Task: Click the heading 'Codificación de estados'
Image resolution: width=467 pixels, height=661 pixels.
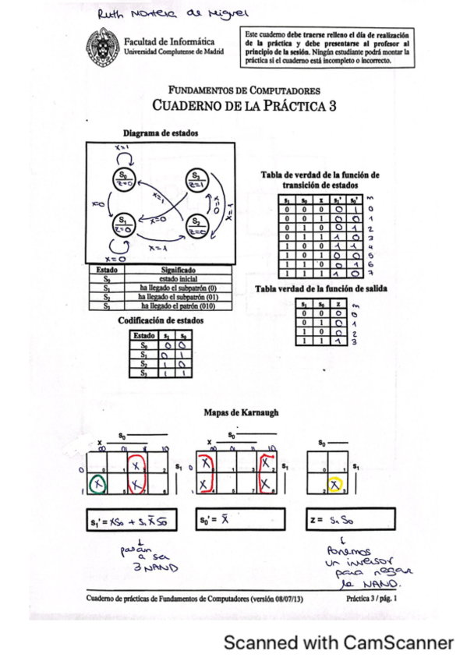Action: [x=160, y=320]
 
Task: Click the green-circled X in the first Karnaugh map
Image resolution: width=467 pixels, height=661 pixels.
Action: [x=97, y=485]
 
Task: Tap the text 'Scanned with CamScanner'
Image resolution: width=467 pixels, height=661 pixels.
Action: [x=338, y=643]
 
